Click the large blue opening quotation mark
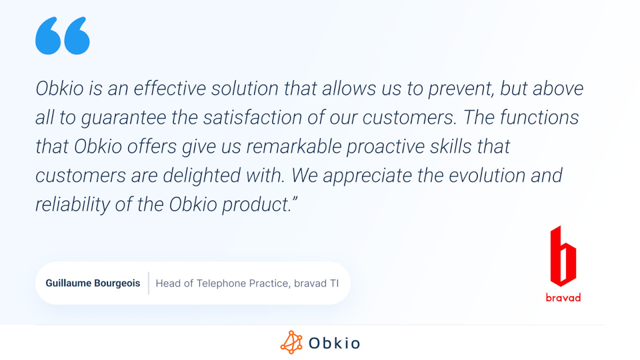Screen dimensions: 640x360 point(62,35)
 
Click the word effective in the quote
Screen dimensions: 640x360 point(169,88)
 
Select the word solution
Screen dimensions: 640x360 point(245,88)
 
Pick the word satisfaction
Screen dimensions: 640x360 point(253,117)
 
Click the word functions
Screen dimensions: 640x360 point(539,117)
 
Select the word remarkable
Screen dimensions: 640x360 point(294,146)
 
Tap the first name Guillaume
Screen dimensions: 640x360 point(68,283)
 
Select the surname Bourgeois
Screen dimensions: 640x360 point(117,284)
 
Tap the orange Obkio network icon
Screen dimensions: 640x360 point(291,342)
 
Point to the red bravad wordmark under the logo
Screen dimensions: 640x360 point(563,298)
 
